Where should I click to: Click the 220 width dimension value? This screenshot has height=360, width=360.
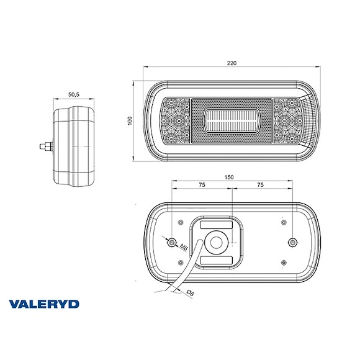pyautogui.click(x=232, y=63)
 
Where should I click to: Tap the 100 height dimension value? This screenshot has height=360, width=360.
pyautogui.click(x=130, y=120)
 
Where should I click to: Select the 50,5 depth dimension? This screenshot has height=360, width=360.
pyautogui.click(x=73, y=94)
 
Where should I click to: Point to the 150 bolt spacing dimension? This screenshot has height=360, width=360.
pyautogui.click(x=230, y=177)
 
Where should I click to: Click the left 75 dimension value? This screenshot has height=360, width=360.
pyautogui.click(x=202, y=185)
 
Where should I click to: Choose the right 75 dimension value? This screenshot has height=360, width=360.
pyautogui.click(x=259, y=185)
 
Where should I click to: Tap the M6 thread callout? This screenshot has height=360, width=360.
pyautogui.click(x=182, y=248)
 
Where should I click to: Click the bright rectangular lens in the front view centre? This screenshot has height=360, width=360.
pyautogui.click(x=232, y=119)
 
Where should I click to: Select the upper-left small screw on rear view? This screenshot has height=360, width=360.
pyautogui.click(x=180, y=222)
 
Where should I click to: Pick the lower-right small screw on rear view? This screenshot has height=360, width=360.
pyautogui.click(x=284, y=262)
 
